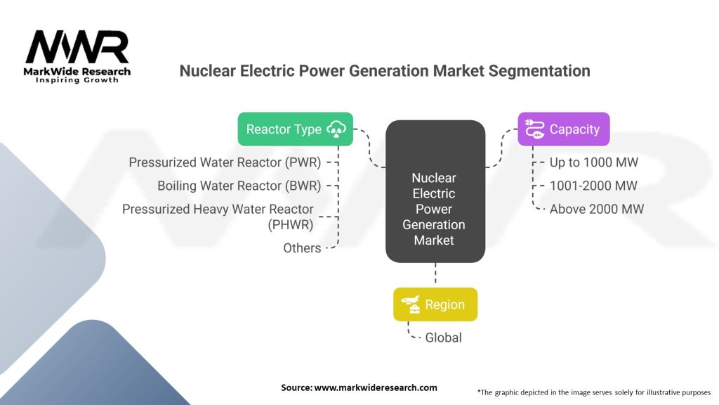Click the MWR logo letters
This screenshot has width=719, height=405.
pyautogui.click(x=77, y=47)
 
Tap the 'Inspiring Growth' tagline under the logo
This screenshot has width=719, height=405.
pyautogui.click(x=77, y=80)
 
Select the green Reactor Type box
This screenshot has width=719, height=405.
pyautogui.click(x=295, y=129)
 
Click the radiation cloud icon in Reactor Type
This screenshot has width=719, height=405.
pyautogui.click(x=338, y=129)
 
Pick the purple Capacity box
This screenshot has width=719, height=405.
pyautogui.click(x=563, y=129)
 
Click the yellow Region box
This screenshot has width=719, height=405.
pyautogui.click(x=435, y=304)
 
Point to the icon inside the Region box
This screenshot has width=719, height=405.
pyautogui.click(x=411, y=304)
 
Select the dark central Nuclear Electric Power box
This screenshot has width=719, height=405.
pyautogui.click(x=435, y=191)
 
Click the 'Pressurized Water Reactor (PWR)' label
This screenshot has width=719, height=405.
pyautogui.click(x=225, y=162)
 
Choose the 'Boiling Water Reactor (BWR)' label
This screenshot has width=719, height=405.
pyautogui.click(x=239, y=186)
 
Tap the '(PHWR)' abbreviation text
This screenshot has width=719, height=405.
pyautogui.click(x=291, y=224)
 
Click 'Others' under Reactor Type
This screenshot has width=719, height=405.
pyautogui.click(x=302, y=247)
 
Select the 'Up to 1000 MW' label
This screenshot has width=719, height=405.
pyautogui.click(x=594, y=162)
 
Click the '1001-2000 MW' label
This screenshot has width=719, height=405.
pyautogui.click(x=593, y=186)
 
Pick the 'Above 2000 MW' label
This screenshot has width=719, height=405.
pyautogui.click(x=596, y=209)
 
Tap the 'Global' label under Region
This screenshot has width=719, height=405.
pyautogui.click(x=443, y=337)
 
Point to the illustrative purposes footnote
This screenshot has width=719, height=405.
pyautogui.click(x=594, y=392)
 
